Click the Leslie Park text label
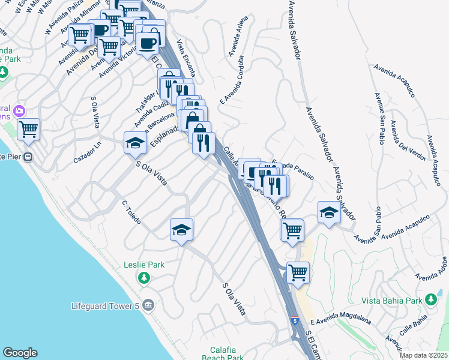point(143,264)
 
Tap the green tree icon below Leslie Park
point(143,278)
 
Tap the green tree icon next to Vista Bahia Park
point(430,299)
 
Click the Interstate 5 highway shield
point(295,320)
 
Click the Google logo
point(20,353)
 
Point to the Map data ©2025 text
point(424,355)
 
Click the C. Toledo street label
point(131,212)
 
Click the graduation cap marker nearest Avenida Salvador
point(328,213)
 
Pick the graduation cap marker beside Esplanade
point(136,143)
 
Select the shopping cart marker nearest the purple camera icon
point(28,129)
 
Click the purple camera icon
point(19,111)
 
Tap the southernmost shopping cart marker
point(298,272)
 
